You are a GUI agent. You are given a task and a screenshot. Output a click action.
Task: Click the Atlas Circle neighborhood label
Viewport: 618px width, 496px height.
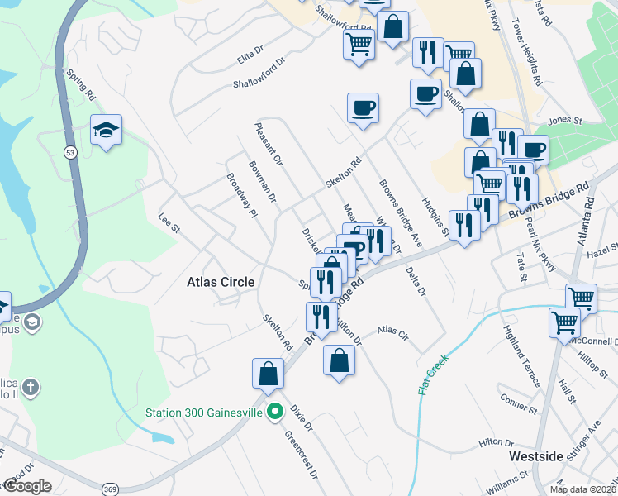coord(220,282)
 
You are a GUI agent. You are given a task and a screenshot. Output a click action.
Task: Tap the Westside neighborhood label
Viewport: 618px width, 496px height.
coord(536,455)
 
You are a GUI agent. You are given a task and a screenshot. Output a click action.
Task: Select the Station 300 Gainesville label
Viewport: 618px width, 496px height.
coord(204,412)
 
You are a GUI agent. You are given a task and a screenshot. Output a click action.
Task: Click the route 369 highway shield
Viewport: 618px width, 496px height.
coord(109,489)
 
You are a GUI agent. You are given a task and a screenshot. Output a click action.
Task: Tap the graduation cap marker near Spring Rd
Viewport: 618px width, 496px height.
coord(106,131)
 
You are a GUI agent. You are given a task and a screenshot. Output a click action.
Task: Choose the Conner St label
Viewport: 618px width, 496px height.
coord(518,404)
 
